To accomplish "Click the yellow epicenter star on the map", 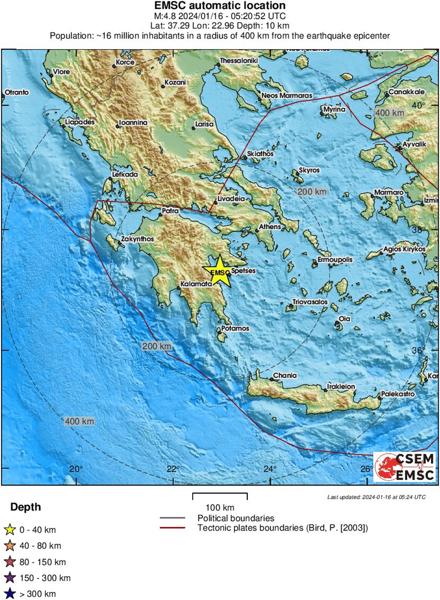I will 219,269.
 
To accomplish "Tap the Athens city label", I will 270,227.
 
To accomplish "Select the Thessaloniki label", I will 239,61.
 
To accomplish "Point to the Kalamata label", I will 196,285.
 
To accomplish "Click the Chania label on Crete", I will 285,376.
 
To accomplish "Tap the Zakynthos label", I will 137,239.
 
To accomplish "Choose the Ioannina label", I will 132,123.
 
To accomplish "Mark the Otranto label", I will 17,92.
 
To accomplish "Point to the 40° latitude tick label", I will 418,105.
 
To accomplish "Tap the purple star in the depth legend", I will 9,578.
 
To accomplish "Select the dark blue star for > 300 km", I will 9,594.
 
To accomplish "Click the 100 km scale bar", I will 219,497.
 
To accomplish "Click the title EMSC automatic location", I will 219,6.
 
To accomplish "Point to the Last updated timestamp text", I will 376,497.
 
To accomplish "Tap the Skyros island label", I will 309,170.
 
